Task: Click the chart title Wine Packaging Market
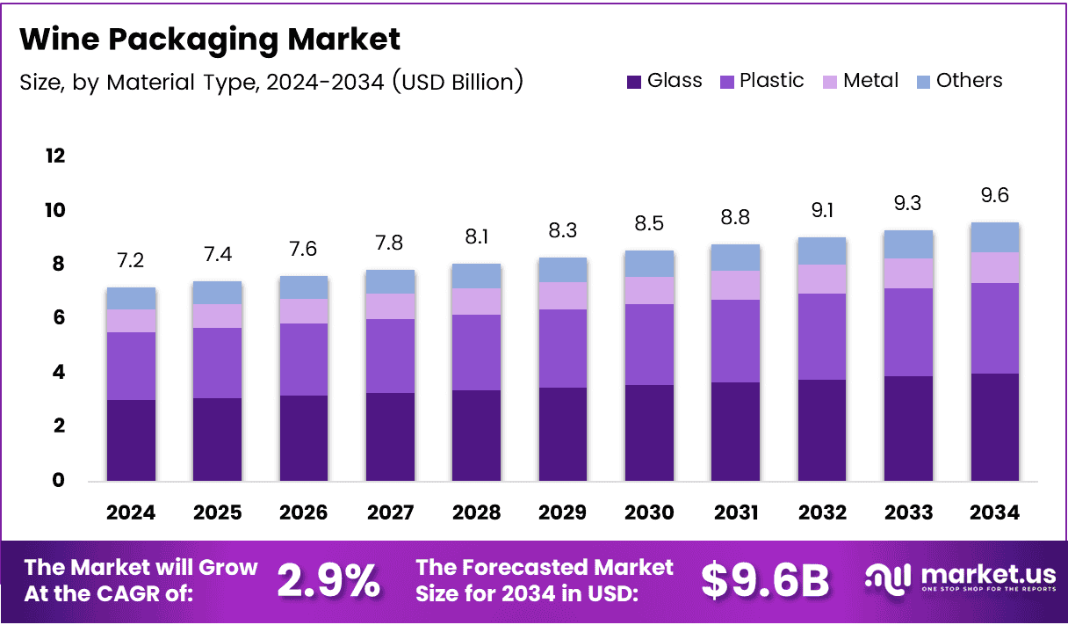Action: click(x=209, y=40)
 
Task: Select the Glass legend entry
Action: click(x=665, y=81)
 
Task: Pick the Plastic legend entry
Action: click(x=761, y=81)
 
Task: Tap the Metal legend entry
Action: click(x=861, y=81)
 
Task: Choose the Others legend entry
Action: click(x=959, y=81)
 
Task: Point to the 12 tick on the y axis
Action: click(x=54, y=156)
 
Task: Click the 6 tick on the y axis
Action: click(x=57, y=318)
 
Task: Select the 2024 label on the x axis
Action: click(x=131, y=512)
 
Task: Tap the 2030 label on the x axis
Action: click(x=649, y=512)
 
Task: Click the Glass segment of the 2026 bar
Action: click(x=304, y=438)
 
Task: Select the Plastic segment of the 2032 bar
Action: click(x=822, y=337)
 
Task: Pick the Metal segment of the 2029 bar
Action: click(x=562, y=296)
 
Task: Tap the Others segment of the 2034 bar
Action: click(x=995, y=237)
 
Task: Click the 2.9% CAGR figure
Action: click(x=328, y=580)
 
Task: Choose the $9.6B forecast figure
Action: click(x=765, y=580)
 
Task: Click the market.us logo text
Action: click(x=987, y=574)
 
